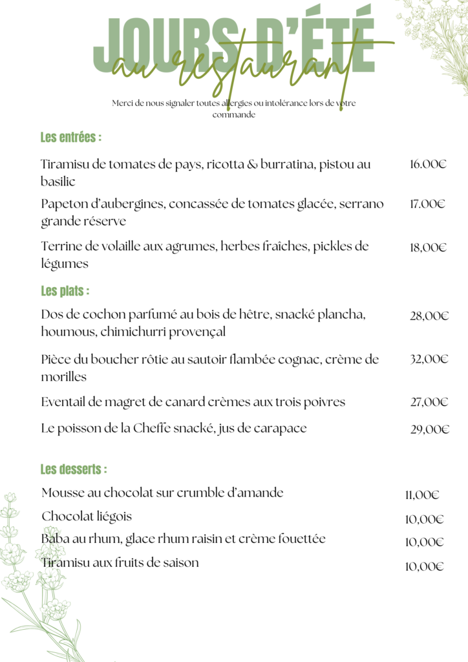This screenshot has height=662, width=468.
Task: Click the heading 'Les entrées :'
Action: (x=71, y=138)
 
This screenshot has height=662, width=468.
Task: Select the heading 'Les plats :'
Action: (x=65, y=292)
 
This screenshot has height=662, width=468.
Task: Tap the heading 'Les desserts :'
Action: (x=74, y=469)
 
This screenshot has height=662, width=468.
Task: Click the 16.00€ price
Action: (x=428, y=164)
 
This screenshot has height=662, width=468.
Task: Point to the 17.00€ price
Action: (x=427, y=204)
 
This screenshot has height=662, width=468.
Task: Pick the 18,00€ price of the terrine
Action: (x=429, y=247)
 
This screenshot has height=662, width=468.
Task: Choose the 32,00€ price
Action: (x=429, y=359)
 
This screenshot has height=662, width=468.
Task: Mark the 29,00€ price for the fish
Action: (x=429, y=429)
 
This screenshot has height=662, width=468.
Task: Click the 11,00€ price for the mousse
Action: (x=422, y=496)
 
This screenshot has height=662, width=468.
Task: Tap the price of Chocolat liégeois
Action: (x=424, y=519)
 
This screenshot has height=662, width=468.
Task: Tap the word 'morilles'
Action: (x=64, y=377)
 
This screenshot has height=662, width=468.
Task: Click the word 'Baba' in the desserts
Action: (x=55, y=539)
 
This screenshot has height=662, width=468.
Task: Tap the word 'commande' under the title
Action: (x=234, y=115)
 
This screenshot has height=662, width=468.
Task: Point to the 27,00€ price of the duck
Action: (x=429, y=402)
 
